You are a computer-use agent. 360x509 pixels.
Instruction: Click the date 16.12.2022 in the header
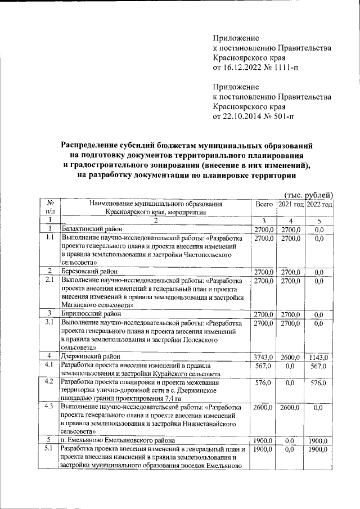pyautogui.click(x=244, y=68)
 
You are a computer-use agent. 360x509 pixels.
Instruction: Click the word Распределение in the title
pyautogui.click(x=98, y=146)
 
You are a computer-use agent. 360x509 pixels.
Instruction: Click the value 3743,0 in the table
pyautogui.click(x=263, y=357)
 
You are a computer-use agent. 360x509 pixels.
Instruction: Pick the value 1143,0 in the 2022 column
pyautogui.click(x=319, y=357)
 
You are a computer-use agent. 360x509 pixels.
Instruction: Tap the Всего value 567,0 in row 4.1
pyautogui.click(x=263, y=366)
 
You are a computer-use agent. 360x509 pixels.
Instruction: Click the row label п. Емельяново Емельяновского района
pyautogui.click(x=119, y=440)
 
